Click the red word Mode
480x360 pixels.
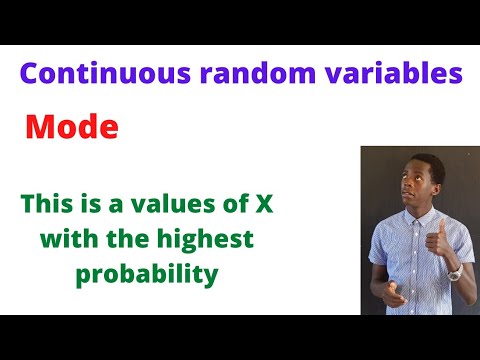point(71,128)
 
